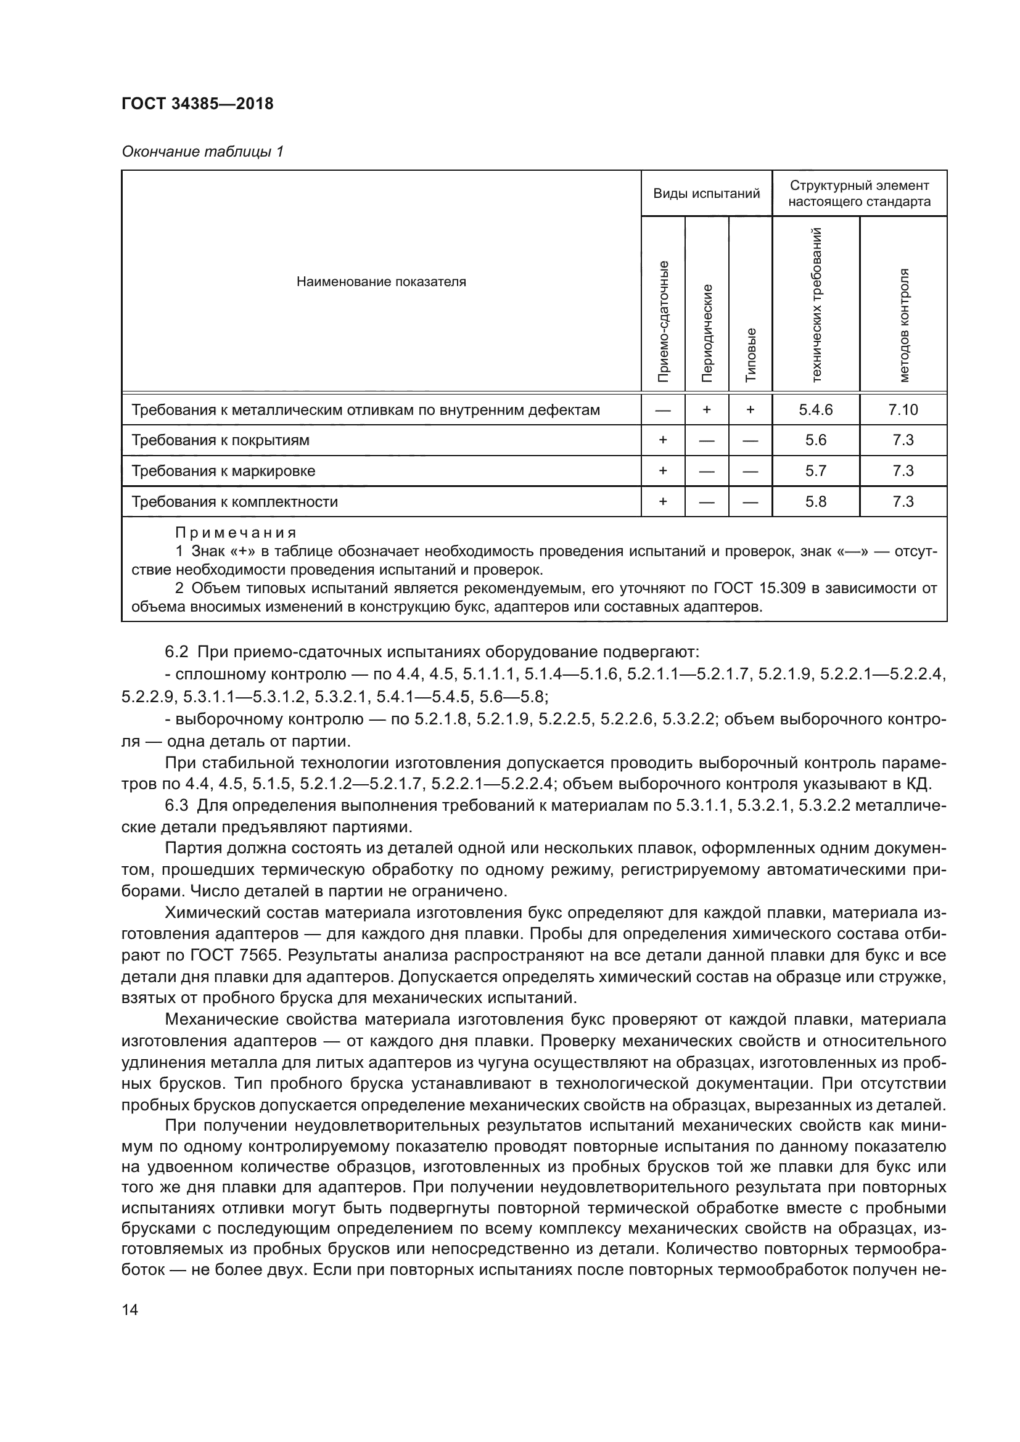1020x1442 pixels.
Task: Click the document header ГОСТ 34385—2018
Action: point(197,104)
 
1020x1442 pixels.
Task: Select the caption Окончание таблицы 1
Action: point(202,152)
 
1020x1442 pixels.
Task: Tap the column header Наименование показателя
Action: point(380,281)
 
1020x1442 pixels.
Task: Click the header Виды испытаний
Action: point(706,194)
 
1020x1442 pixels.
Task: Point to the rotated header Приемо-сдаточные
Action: point(662,321)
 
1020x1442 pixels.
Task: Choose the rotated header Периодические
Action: point(707,333)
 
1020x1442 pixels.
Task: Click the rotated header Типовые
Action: point(751,354)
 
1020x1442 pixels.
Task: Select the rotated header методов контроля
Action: point(903,326)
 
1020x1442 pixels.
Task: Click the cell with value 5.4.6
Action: point(815,410)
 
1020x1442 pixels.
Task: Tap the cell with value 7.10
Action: point(903,410)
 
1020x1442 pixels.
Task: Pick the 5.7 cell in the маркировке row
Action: point(815,471)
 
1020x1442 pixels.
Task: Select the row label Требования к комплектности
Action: point(234,502)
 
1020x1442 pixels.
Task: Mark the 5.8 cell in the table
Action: point(815,502)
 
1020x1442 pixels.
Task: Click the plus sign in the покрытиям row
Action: point(662,440)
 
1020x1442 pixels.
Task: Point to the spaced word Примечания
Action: point(235,533)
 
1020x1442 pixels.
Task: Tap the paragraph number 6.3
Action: point(176,806)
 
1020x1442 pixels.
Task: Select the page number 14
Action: point(130,1310)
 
